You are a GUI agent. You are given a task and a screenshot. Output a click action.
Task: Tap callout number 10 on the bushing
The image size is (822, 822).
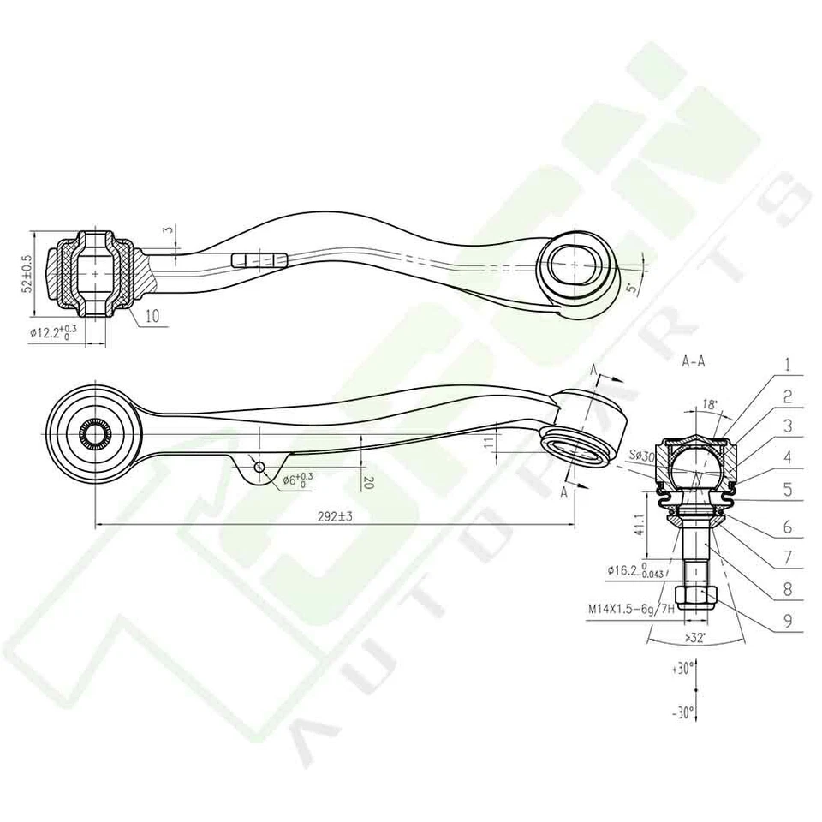tap(152, 315)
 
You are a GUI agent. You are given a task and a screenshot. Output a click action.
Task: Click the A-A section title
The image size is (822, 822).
tap(693, 361)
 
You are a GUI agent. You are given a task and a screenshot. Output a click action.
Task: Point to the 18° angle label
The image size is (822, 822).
tap(709, 403)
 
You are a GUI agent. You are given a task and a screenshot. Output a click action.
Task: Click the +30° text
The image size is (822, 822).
tap(684, 668)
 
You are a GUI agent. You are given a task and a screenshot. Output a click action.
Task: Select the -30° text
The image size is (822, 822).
tap(684, 712)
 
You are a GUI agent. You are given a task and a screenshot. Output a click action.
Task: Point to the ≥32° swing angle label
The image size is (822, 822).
tap(694, 638)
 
